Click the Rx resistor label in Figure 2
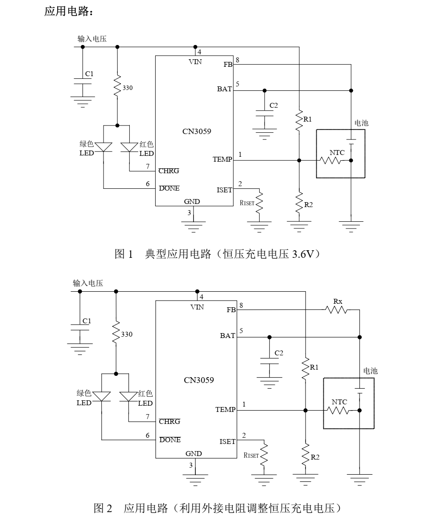[x=338, y=301]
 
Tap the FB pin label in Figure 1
[x=228, y=65]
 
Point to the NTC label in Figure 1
[x=337, y=152]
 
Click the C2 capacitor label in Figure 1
[x=273, y=106]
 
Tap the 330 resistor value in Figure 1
[x=127, y=88]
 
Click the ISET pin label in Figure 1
[x=224, y=190]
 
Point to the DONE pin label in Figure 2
[x=170, y=440]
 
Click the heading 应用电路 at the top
[x=69, y=12]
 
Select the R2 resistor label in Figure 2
[x=315, y=457]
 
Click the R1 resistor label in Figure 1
[x=308, y=119]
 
